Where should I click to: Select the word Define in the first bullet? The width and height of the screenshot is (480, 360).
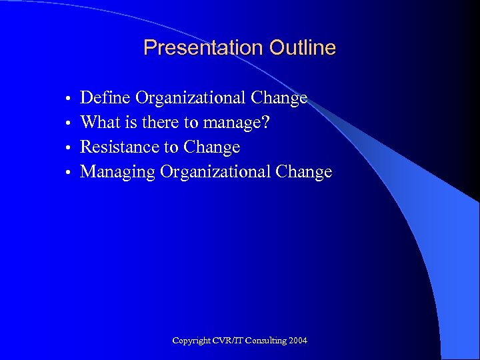tap(105, 98)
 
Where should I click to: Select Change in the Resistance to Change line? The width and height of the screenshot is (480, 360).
tap(211, 147)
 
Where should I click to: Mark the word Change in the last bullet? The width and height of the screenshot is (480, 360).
tap(303, 171)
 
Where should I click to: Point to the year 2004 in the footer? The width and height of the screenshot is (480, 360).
tap(298, 341)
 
